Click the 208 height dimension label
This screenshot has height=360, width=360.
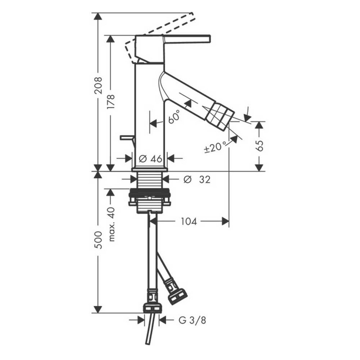click(98, 86)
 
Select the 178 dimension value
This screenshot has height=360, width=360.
click(111, 102)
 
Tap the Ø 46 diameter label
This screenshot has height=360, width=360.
click(150, 158)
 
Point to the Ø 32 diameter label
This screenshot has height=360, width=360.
click(197, 180)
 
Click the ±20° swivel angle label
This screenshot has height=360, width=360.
click(215, 147)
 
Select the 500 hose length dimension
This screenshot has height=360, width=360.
click(98, 240)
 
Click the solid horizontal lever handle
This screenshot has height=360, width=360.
click(186, 39)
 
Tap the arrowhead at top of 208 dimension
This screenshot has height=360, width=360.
click(98, 17)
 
